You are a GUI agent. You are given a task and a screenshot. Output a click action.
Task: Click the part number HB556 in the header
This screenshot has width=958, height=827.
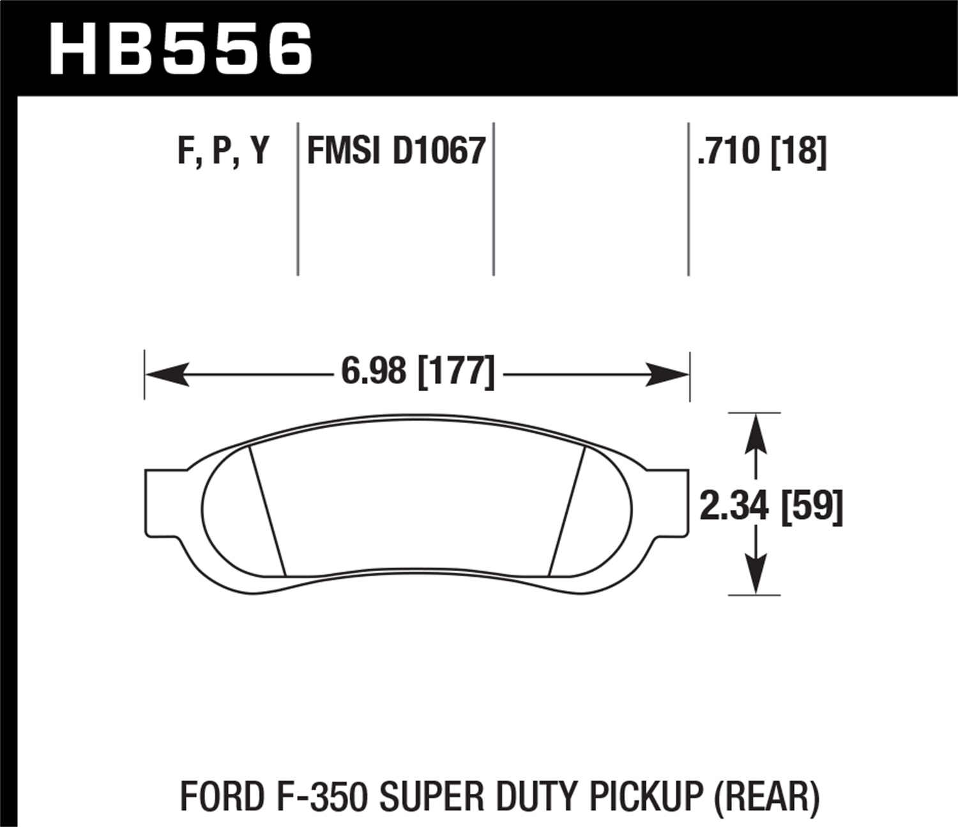[181, 49]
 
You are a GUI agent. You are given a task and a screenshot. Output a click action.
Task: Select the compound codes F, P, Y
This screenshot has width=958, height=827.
[223, 151]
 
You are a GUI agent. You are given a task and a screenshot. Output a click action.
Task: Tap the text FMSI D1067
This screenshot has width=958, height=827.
[396, 151]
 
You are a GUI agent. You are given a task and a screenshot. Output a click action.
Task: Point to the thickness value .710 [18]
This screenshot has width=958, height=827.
[762, 151]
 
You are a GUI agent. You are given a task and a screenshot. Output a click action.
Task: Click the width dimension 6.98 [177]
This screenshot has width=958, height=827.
[418, 371]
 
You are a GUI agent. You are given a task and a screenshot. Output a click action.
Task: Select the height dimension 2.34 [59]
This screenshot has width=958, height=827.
[772, 506]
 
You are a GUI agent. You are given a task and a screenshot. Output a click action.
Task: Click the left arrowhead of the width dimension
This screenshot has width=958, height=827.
[167, 374]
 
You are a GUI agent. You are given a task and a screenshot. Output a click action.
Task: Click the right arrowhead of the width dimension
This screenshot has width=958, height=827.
[667, 374]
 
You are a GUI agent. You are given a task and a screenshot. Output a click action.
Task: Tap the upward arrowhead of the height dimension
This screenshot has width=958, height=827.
[756, 434]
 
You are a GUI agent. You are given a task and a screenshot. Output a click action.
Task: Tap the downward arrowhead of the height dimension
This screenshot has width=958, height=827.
[756, 574]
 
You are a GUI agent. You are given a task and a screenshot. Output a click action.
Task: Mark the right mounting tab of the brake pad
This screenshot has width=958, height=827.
[669, 503]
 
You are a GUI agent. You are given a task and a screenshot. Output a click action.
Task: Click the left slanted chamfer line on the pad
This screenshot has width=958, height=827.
[267, 510]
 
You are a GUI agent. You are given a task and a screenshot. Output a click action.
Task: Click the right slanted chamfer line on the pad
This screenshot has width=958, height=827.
[567, 510]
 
